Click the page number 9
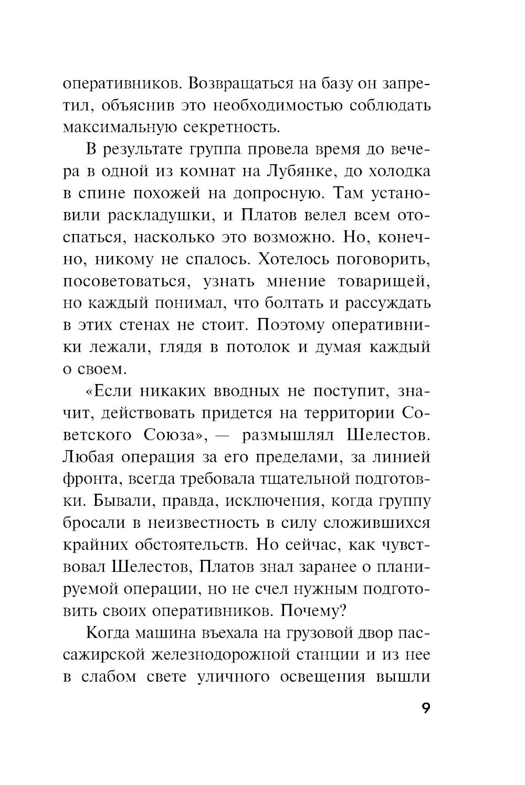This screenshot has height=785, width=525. [425, 708]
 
